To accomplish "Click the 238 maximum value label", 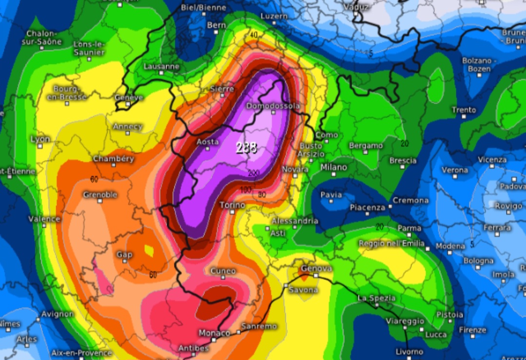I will click(246, 148).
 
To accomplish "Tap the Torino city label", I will click(232, 206).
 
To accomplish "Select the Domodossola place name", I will click(273, 106).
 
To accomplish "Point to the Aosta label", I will click(207, 142).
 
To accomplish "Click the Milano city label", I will click(334, 167).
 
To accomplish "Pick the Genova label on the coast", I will click(317, 268).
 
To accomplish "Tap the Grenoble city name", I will click(100, 194).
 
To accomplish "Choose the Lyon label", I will click(40, 139).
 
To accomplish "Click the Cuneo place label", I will click(223, 271).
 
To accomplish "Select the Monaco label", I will click(214, 333).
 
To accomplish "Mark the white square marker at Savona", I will click(286, 285).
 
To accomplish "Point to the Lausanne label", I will click(162, 66).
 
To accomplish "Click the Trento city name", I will click(464, 110).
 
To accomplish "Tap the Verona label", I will click(454, 170).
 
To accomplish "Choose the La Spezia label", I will click(377, 298).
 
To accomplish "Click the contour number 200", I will click(253, 173).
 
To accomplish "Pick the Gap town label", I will click(124, 255).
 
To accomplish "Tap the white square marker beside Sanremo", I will click(238, 332).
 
